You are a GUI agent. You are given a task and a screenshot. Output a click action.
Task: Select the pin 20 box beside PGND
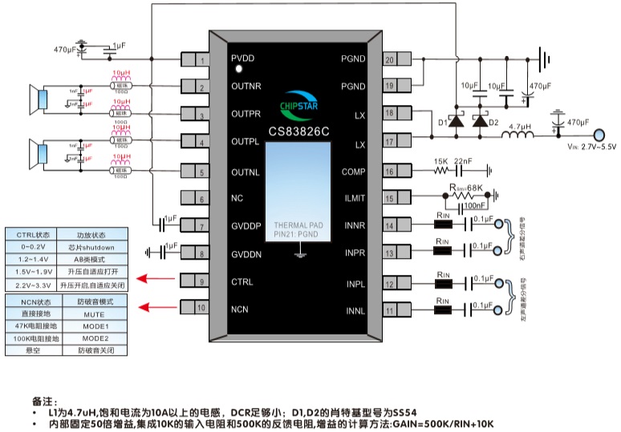point(389,59)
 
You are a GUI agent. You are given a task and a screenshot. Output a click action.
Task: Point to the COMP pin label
point(354,172)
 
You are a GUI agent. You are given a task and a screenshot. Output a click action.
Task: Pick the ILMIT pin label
point(354,200)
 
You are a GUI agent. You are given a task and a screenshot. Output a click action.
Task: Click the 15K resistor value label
point(440,162)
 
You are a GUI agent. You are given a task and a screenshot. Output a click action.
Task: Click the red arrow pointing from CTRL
point(156,280)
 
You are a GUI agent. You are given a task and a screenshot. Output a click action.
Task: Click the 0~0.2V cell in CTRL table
point(34,247)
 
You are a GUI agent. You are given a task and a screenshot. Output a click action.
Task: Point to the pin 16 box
point(389,172)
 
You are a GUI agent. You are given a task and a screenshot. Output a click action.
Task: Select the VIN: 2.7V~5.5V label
point(591,147)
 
